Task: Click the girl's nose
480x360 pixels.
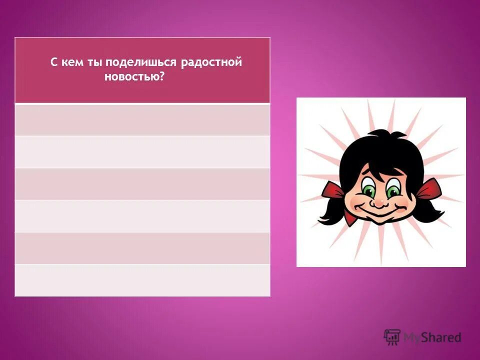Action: (x=380, y=202)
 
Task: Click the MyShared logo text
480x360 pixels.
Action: (x=432, y=337)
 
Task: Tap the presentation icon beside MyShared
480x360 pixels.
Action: (x=392, y=336)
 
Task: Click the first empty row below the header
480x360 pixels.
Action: (x=142, y=120)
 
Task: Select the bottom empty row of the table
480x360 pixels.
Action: (x=142, y=280)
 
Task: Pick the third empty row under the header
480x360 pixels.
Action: (x=142, y=184)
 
